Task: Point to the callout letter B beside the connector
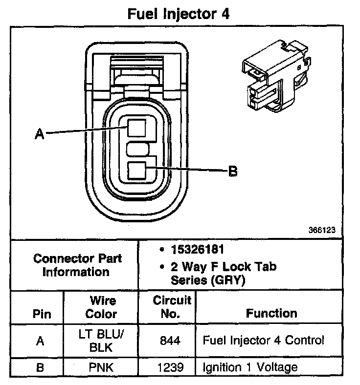pyautogui.click(x=233, y=171)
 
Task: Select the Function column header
pyautogui.click(x=271, y=313)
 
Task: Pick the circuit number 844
pyautogui.click(x=171, y=341)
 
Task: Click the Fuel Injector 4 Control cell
pyautogui.click(x=263, y=340)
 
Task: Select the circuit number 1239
pyautogui.click(x=171, y=366)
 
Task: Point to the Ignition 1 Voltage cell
pyautogui.click(x=249, y=366)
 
